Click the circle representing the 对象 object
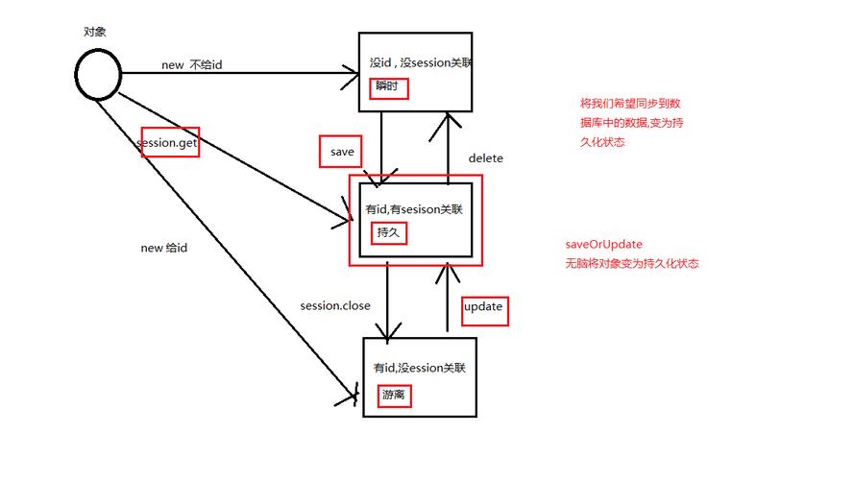[x=97, y=74]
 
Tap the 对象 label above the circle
[x=94, y=32]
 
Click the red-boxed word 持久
[x=387, y=231]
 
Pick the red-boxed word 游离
[x=394, y=396]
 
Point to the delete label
[x=485, y=158]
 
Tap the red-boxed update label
[x=483, y=308]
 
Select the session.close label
[x=335, y=306]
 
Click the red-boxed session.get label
[x=169, y=142]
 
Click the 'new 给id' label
[x=164, y=248]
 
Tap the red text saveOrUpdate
[x=604, y=244]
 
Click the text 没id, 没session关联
[x=420, y=63]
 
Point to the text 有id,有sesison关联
[x=415, y=208]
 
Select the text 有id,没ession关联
[x=419, y=368]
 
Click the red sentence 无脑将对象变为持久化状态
[x=632, y=263]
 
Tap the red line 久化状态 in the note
[x=602, y=142]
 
